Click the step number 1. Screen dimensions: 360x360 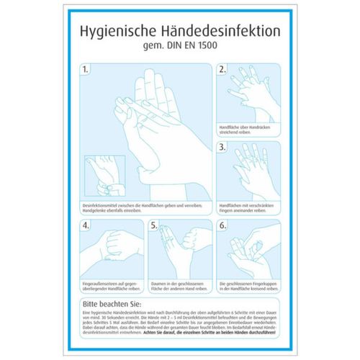(x=86, y=70)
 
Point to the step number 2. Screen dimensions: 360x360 (x=222, y=70)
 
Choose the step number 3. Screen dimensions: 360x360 (x=222, y=146)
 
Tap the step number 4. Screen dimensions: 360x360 (x=86, y=225)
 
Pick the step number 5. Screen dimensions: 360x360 (x=153, y=225)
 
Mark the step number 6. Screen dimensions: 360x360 (x=222, y=225)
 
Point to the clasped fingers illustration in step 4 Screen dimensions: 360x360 (x=111, y=251)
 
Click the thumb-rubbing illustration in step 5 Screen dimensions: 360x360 (x=180, y=251)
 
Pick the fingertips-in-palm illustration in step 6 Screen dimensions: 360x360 (x=248, y=251)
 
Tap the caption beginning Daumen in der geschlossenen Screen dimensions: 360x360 (x=178, y=286)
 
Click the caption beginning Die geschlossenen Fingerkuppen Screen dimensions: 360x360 (x=247, y=286)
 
